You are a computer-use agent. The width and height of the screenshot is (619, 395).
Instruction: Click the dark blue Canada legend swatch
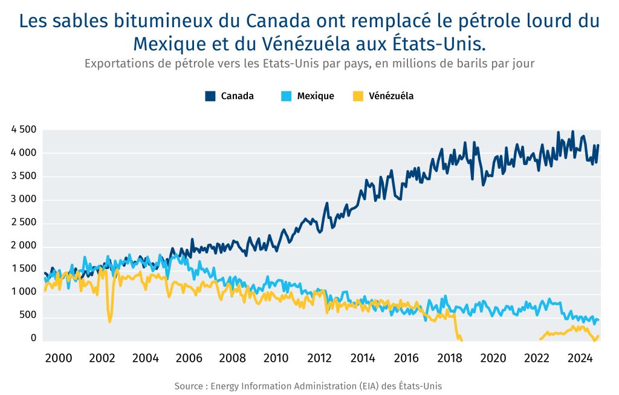pyautogui.click(x=210, y=96)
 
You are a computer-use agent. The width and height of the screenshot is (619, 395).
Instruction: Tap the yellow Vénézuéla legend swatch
pyautogui.click(x=358, y=96)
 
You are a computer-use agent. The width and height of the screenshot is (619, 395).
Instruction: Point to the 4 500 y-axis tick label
pyautogui.click(x=24, y=129)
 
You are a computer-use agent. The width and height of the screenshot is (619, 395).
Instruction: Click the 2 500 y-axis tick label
pyautogui.click(x=24, y=222)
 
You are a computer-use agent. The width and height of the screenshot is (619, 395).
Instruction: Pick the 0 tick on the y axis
pyautogui.click(x=34, y=338)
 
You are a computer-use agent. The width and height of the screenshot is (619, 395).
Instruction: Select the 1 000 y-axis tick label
pyautogui.click(x=24, y=292)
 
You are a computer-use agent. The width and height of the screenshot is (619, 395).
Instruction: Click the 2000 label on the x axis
pyautogui.click(x=59, y=358)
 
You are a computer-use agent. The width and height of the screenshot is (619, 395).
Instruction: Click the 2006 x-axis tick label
pyautogui.click(x=189, y=358)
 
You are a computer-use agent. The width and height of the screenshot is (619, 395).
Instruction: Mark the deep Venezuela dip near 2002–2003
pyautogui.click(x=109, y=320)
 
